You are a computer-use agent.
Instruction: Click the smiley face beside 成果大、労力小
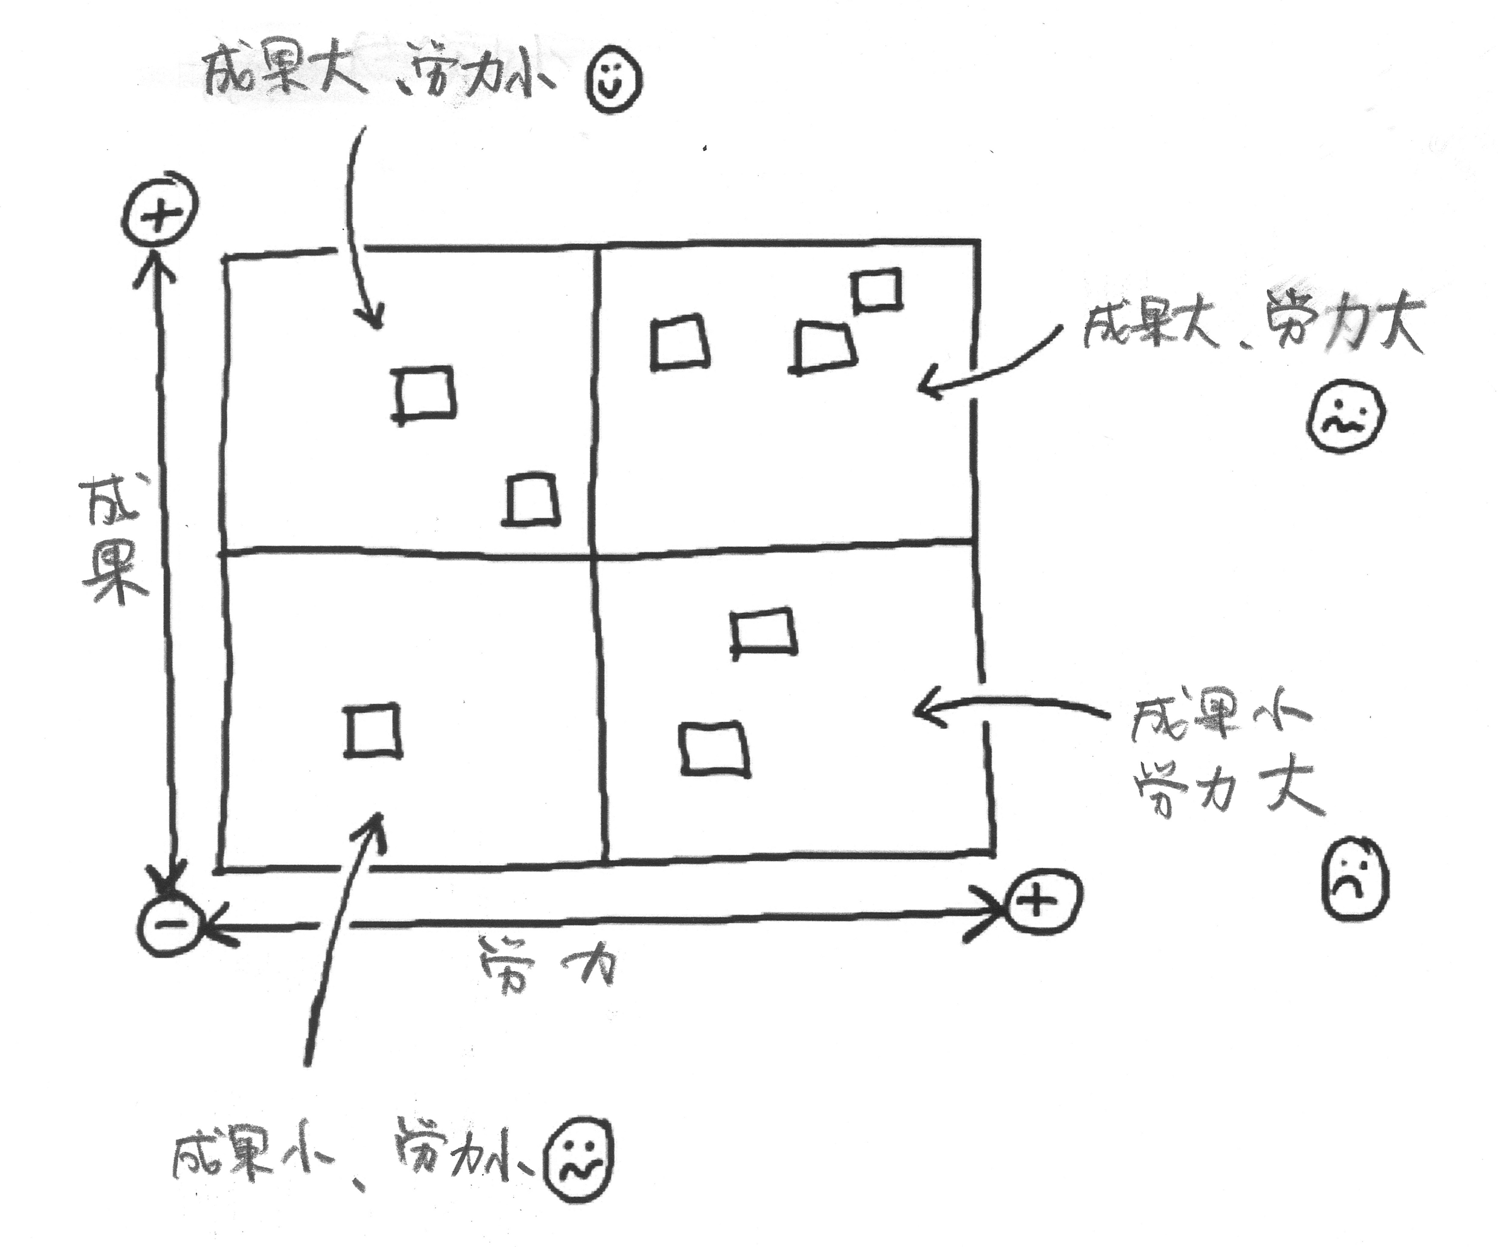click(x=613, y=80)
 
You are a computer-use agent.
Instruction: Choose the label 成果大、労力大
click(x=1252, y=324)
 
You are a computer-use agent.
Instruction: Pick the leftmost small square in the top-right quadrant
click(x=680, y=343)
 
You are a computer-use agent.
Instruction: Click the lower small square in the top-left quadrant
click(x=531, y=500)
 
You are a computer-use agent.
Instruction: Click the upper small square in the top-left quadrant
click(x=425, y=394)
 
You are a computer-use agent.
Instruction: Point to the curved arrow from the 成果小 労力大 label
click(x=1013, y=706)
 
